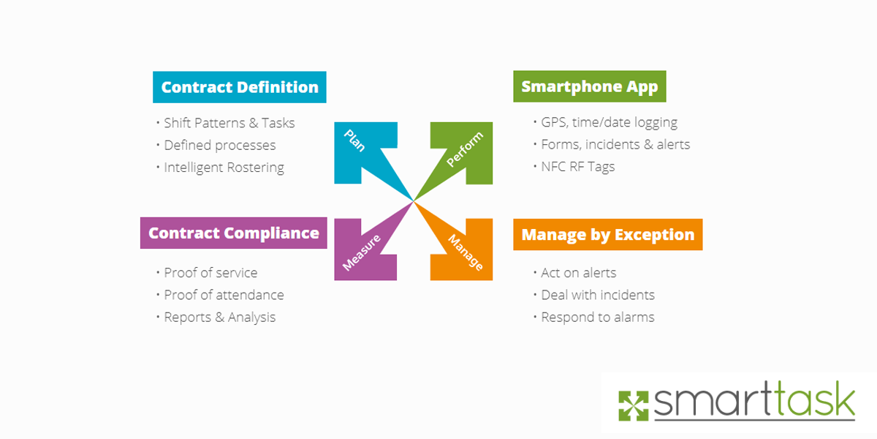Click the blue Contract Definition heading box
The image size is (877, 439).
tap(240, 87)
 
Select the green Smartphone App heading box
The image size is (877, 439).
tap(589, 86)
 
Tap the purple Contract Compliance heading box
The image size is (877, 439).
tap(233, 233)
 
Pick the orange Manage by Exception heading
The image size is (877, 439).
tap(607, 235)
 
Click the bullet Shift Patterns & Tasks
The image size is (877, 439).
tap(229, 123)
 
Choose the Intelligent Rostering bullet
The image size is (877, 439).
tap(224, 168)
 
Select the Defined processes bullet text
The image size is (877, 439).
tap(219, 145)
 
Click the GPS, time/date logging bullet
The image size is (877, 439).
tap(609, 122)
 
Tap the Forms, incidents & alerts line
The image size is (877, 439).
tap(615, 144)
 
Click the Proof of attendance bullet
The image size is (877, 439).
tap(224, 295)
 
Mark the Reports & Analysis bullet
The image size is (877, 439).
tap(219, 317)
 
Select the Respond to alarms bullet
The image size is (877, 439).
tap(597, 317)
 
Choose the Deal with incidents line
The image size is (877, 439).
tap(597, 295)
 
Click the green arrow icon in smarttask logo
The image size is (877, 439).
tap(633, 406)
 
